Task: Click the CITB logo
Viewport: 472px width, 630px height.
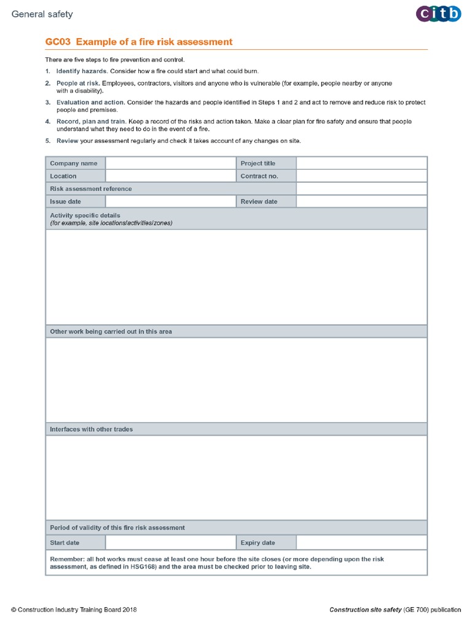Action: coord(438,14)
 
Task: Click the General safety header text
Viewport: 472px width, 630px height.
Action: coord(42,14)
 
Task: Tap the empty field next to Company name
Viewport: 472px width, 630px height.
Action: coord(170,163)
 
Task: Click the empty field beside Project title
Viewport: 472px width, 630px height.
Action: coord(361,163)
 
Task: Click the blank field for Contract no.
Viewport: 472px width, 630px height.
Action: coord(361,176)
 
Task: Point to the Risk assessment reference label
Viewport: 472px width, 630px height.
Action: coord(90,189)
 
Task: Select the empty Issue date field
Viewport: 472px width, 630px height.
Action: coord(170,201)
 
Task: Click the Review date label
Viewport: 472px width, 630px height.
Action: coord(259,201)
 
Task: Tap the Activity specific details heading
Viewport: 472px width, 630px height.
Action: coord(85,215)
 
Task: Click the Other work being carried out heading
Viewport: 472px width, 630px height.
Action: coord(111,332)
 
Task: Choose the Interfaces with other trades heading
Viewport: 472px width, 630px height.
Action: coord(91,429)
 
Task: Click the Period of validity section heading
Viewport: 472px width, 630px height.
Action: coord(117,527)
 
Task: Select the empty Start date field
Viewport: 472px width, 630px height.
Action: coord(170,543)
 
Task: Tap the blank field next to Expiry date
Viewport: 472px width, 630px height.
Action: coord(361,543)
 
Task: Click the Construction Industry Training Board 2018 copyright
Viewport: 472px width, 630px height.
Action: coord(74,610)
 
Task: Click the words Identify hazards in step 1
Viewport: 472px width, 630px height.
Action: coord(81,71)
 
